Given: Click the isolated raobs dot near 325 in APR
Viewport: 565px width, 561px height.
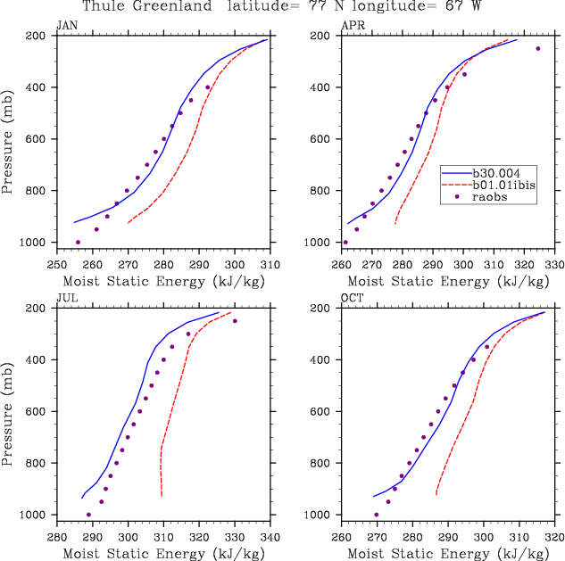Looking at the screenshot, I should [538, 48].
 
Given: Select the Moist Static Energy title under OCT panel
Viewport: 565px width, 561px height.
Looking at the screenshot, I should [447, 555].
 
